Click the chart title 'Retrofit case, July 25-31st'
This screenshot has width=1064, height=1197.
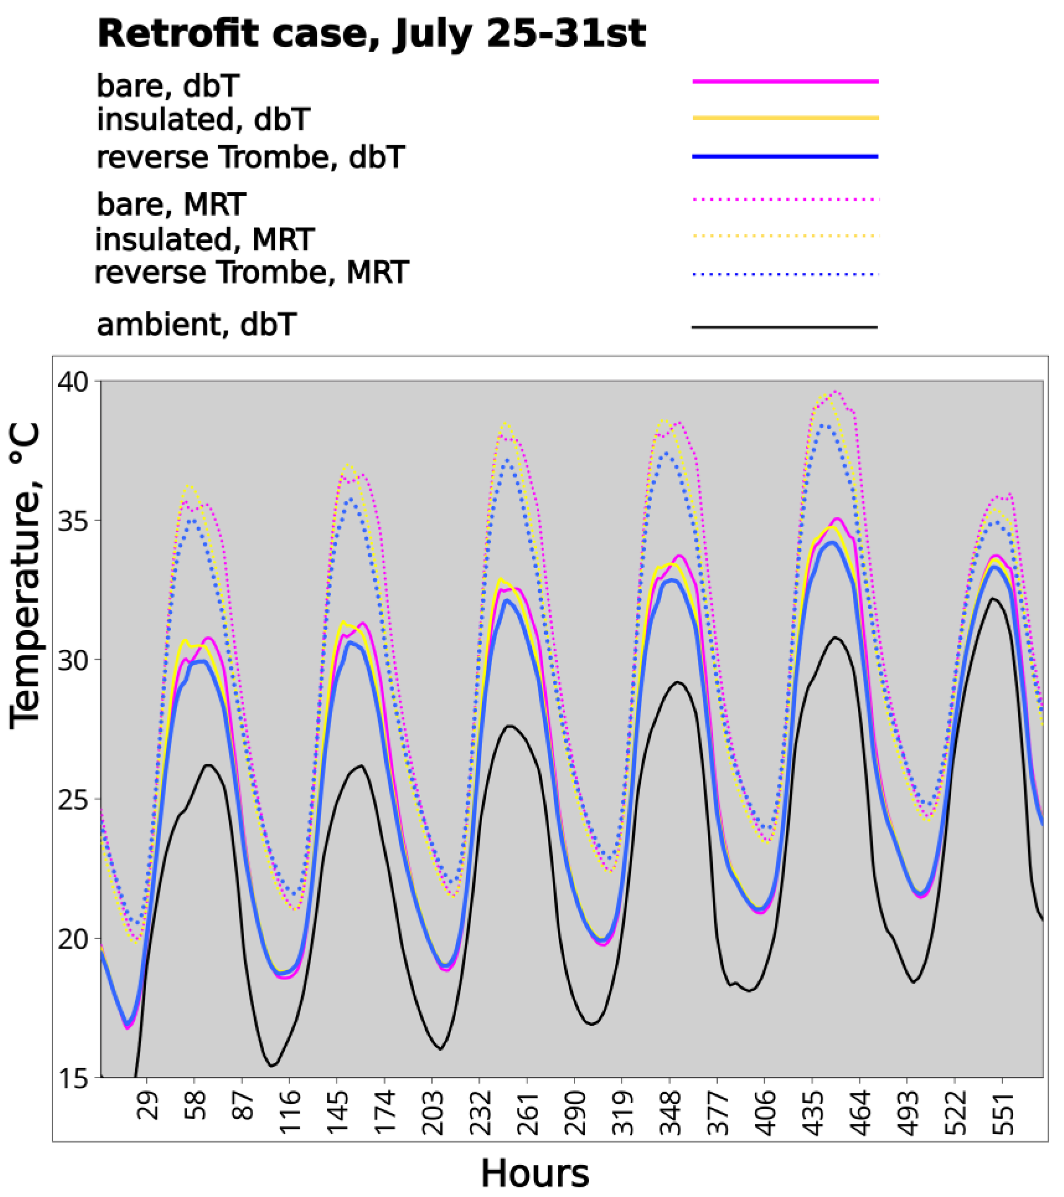tap(371, 34)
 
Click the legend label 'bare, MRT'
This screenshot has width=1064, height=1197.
tap(171, 205)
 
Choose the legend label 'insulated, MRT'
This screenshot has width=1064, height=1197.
tap(205, 240)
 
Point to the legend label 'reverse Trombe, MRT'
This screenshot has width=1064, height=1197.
tap(251, 273)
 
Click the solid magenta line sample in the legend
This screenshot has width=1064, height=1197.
tap(785, 82)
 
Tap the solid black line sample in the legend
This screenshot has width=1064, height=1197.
tap(785, 327)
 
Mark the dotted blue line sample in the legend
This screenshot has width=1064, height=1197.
tap(785, 274)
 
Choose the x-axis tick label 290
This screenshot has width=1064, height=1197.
tap(576, 1109)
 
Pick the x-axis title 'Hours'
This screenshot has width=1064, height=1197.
tap(535, 1173)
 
